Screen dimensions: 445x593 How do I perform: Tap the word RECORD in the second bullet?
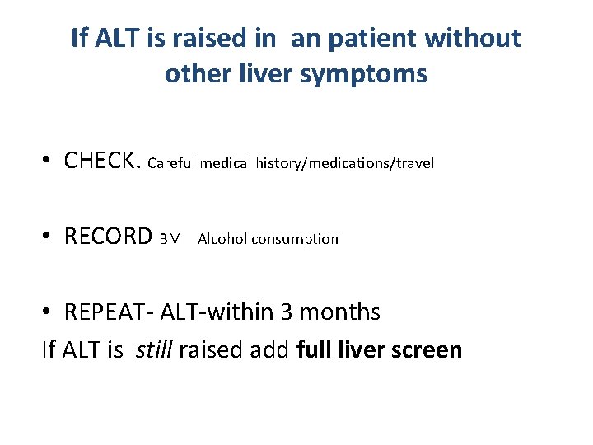(108, 237)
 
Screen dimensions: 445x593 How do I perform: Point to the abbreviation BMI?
(173, 239)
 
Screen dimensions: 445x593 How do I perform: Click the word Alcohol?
(222, 239)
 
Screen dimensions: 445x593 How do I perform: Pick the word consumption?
(295, 239)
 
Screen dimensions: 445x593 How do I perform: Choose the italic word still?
(155, 349)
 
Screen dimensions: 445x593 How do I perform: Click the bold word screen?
(427, 349)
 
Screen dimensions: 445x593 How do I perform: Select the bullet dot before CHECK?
(50, 162)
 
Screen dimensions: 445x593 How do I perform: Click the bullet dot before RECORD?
(50, 238)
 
